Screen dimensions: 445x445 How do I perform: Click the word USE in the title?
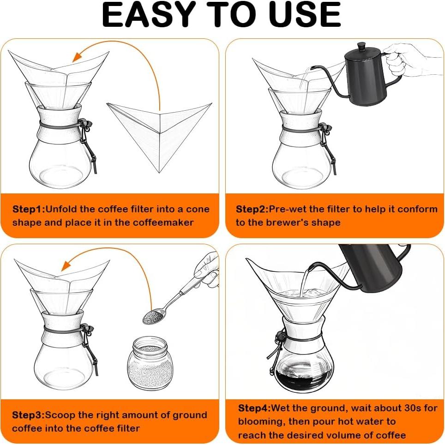tap(303, 15)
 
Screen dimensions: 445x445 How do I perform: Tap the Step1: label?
tap(29, 209)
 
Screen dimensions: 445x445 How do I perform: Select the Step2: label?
tap(252, 209)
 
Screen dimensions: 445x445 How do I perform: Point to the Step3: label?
tap(28, 415)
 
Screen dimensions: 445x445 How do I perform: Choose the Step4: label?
tap(254, 408)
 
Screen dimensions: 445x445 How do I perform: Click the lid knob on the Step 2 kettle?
tap(361, 46)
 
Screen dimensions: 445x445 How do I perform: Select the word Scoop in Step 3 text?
tap(58, 415)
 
